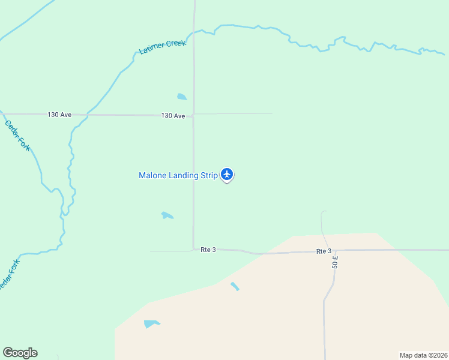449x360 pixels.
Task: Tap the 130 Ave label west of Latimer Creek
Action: pyautogui.click(x=59, y=114)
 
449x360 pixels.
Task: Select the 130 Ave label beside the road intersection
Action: pyautogui.click(x=173, y=115)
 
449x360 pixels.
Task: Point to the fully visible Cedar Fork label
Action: pyautogui.click(x=17, y=136)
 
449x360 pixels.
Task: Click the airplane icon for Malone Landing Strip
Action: pyautogui.click(x=227, y=175)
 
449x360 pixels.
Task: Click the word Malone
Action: pyautogui.click(x=154, y=175)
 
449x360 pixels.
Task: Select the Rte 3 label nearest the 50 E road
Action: pyautogui.click(x=324, y=251)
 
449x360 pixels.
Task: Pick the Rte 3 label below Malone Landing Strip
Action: pyautogui.click(x=208, y=250)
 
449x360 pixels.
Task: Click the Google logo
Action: pyautogui.click(x=20, y=353)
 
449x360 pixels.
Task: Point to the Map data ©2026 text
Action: pyautogui.click(x=423, y=355)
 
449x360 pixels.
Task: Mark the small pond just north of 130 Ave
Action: pyautogui.click(x=182, y=97)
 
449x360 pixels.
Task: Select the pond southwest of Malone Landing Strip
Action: pyautogui.click(x=167, y=215)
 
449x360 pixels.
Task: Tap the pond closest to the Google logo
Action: pyautogui.click(x=151, y=324)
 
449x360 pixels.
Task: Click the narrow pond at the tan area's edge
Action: pyautogui.click(x=235, y=287)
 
